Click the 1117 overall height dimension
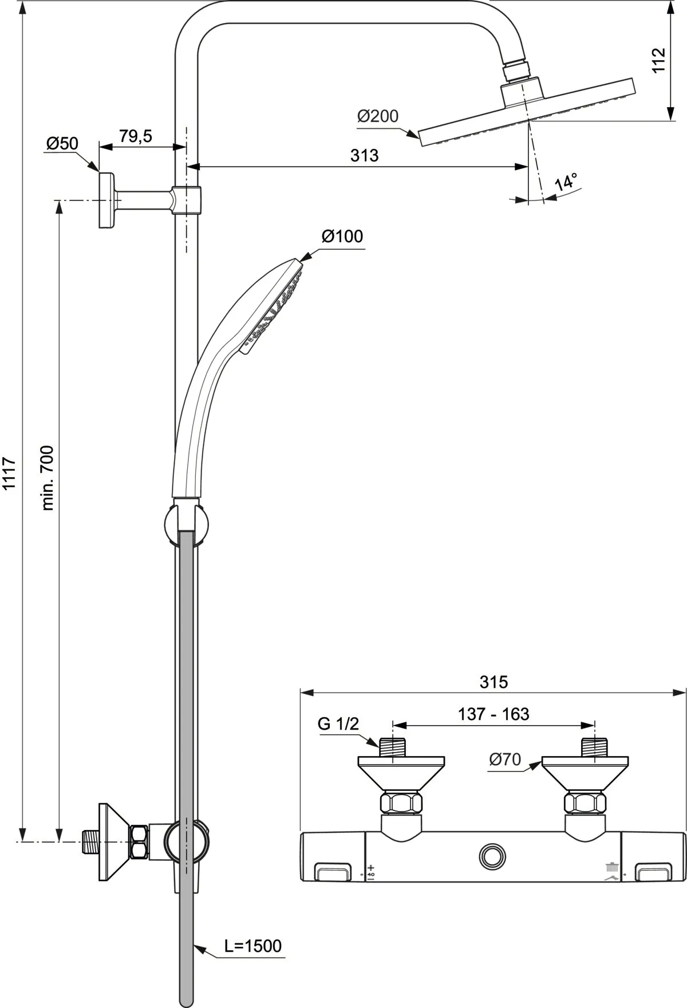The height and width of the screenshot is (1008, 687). pos(10,473)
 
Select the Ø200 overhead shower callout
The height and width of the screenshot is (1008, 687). pos(377,116)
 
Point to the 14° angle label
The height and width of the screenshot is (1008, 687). pos(566,183)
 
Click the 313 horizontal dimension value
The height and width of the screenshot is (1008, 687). pos(365,155)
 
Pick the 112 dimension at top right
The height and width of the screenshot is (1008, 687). pos(659,60)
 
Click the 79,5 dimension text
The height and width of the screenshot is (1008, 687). pos(136,136)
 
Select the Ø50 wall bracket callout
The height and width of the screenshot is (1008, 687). pos(62,143)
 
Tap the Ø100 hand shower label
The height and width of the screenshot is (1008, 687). pos(342,236)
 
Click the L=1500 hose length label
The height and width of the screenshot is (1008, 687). pos(252,946)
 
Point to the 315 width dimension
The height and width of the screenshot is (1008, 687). pos(493,682)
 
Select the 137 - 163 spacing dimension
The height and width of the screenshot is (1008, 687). pos(493,714)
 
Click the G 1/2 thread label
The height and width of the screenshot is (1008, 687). pos(338,724)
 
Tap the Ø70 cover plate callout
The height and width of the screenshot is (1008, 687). pos(505,759)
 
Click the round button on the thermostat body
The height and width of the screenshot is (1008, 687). pos(492,856)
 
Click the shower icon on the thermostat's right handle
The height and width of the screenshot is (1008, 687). pos(613,867)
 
